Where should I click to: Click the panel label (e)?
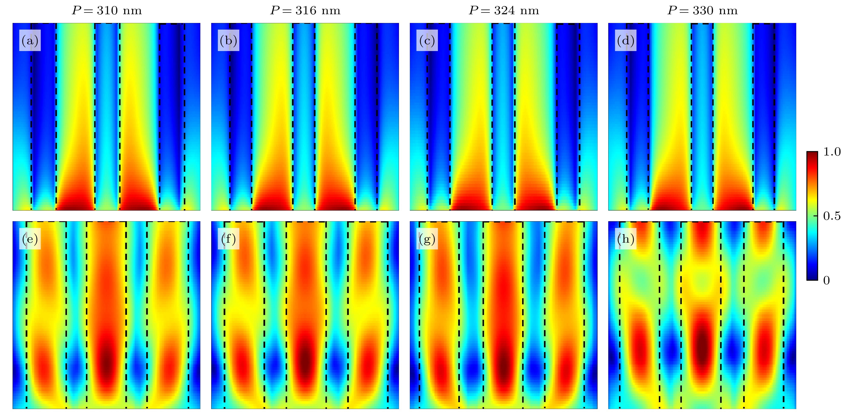click(30, 239)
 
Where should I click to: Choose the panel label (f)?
click(228, 239)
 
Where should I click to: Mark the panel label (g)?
click(427, 239)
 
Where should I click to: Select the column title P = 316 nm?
click(305, 11)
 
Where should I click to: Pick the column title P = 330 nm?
click(702, 11)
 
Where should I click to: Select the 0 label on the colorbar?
click(826, 280)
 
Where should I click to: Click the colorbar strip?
click(812, 216)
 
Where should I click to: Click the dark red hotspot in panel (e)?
click(106, 362)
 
